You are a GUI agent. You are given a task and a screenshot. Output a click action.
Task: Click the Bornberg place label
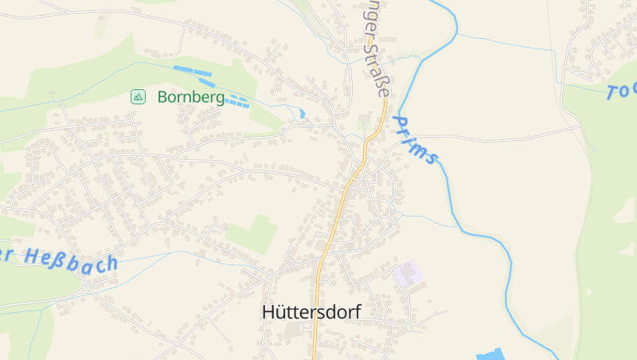point(190,97)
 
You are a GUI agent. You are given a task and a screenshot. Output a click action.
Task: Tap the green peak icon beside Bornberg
point(139,97)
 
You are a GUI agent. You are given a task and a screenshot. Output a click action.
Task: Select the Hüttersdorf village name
point(311,312)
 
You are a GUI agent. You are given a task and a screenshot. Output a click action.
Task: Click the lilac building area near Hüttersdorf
point(408,274)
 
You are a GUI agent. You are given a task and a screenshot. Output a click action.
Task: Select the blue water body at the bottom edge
point(490,354)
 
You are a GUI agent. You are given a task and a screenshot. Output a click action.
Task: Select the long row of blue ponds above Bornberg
point(195,76)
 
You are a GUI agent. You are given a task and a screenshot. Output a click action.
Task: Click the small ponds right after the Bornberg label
point(236,101)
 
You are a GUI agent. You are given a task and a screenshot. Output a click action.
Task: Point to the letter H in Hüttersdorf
point(268,312)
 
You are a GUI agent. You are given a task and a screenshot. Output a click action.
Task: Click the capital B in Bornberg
point(163,97)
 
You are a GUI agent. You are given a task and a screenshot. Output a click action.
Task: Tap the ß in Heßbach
point(56,257)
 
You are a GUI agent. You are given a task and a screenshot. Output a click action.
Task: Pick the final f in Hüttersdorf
point(356,311)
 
